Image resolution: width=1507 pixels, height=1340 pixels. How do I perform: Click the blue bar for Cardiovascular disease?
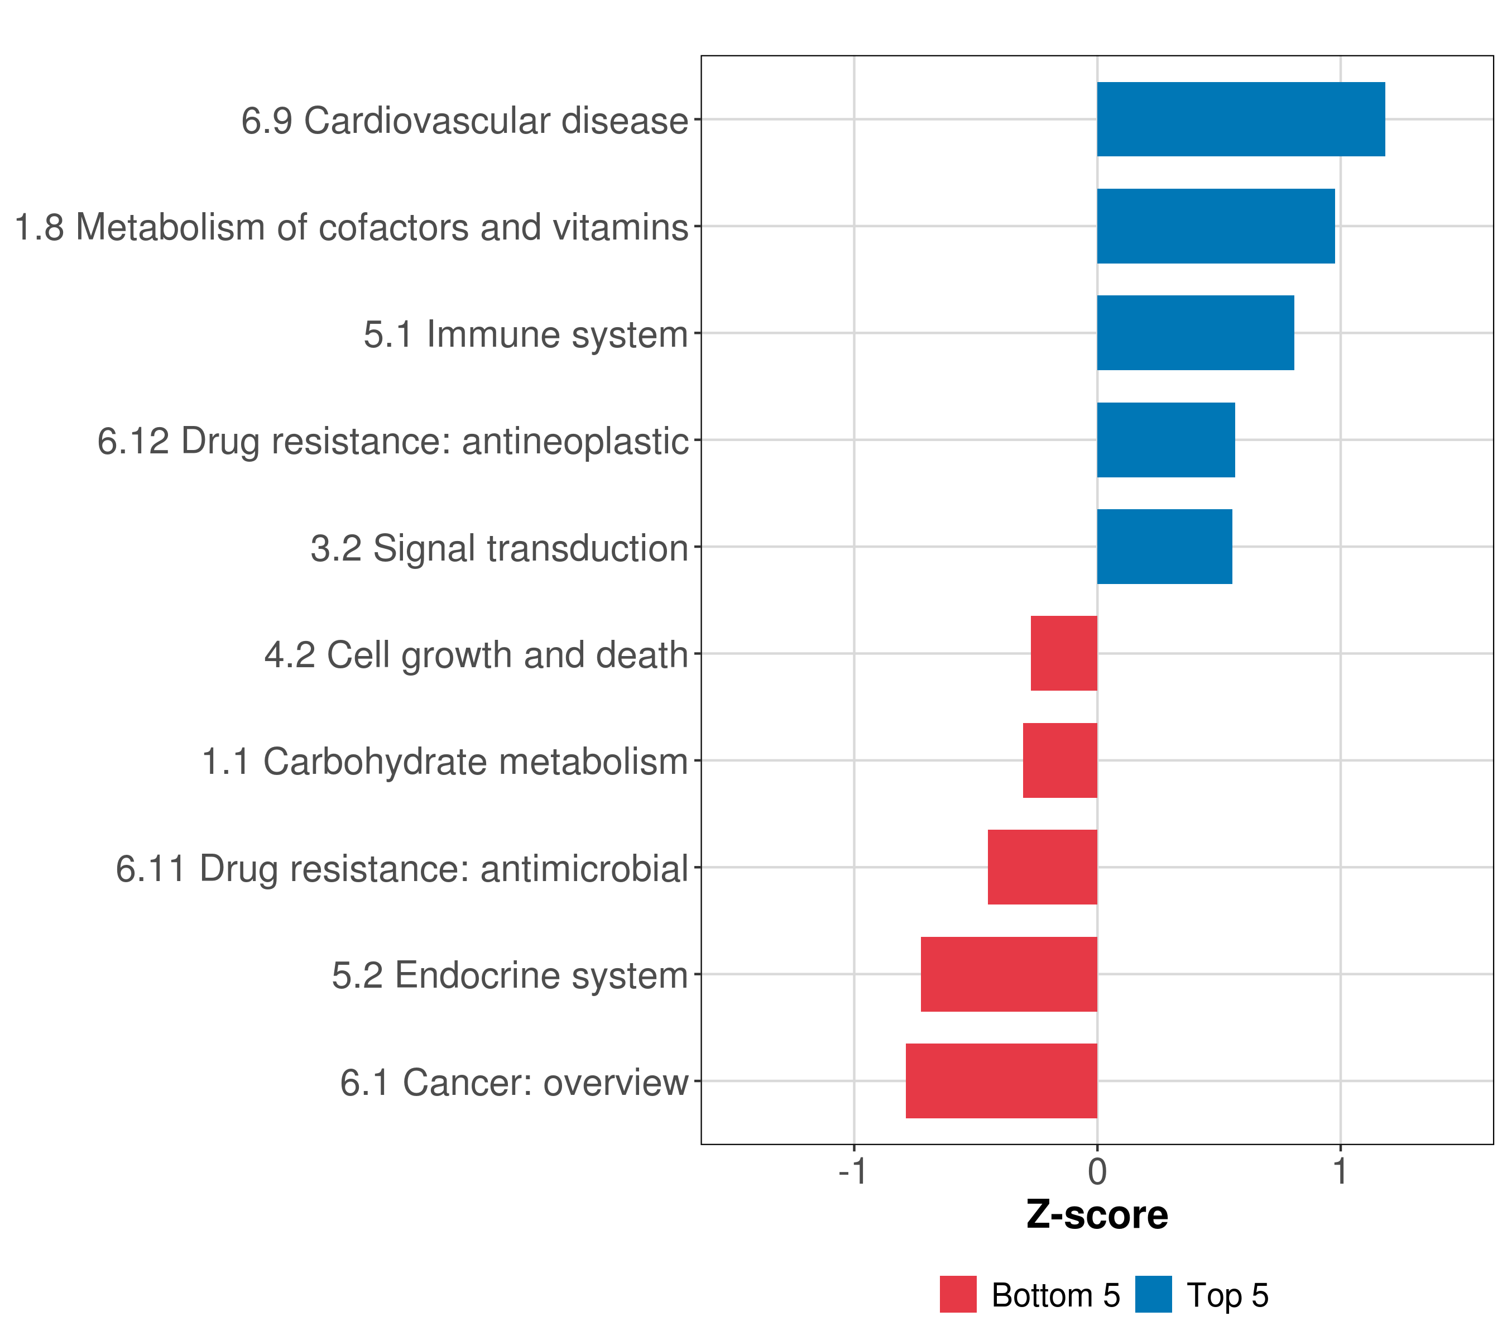tap(1240, 119)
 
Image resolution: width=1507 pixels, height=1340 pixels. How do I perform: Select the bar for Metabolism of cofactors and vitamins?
tap(1215, 227)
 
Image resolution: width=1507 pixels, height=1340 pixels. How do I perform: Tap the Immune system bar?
tap(1195, 333)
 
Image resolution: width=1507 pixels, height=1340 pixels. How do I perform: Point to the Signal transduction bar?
tap(1164, 547)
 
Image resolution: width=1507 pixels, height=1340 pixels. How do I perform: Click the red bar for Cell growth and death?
tap(1063, 653)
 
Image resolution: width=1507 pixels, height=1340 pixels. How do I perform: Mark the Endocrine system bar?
tap(1009, 974)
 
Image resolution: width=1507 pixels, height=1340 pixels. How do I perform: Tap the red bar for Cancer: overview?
tap(1001, 1081)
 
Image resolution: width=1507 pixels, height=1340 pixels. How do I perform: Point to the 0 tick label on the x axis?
tap(1097, 1171)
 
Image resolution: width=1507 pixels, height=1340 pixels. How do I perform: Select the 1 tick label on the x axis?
tap(1340, 1171)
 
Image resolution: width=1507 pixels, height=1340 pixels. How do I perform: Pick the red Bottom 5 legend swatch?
tap(958, 1294)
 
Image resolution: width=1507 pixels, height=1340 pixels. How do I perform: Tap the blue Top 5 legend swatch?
tap(1153, 1294)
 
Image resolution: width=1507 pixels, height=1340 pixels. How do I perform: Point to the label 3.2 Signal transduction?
tap(499, 548)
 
